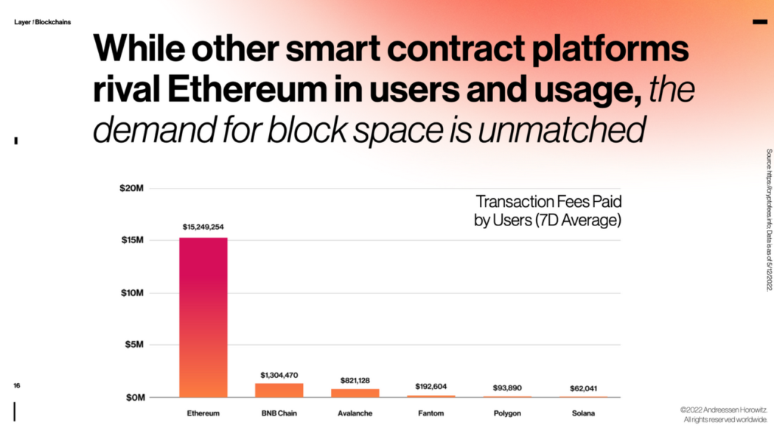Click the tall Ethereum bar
[x=203, y=317]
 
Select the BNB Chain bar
[x=279, y=390]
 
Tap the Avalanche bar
[x=355, y=393]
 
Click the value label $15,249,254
[x=203, y=227]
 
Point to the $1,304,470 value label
[x=279, y=375]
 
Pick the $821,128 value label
[x=355, y=380]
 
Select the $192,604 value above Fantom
[x=430, y=386]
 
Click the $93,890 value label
[x=506, y=387]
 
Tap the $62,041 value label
[x=582, y=387]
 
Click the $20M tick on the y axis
[x=132, y=189]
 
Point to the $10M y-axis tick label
[x=132, y=293]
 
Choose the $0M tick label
[x=133, y=398]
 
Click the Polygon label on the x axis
[x=507, y=413]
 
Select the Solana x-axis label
[x=582, y=413]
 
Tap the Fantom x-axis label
[x=430, y=413]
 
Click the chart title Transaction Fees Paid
[x=548, y=202]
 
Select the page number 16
[x=16, y=385]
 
